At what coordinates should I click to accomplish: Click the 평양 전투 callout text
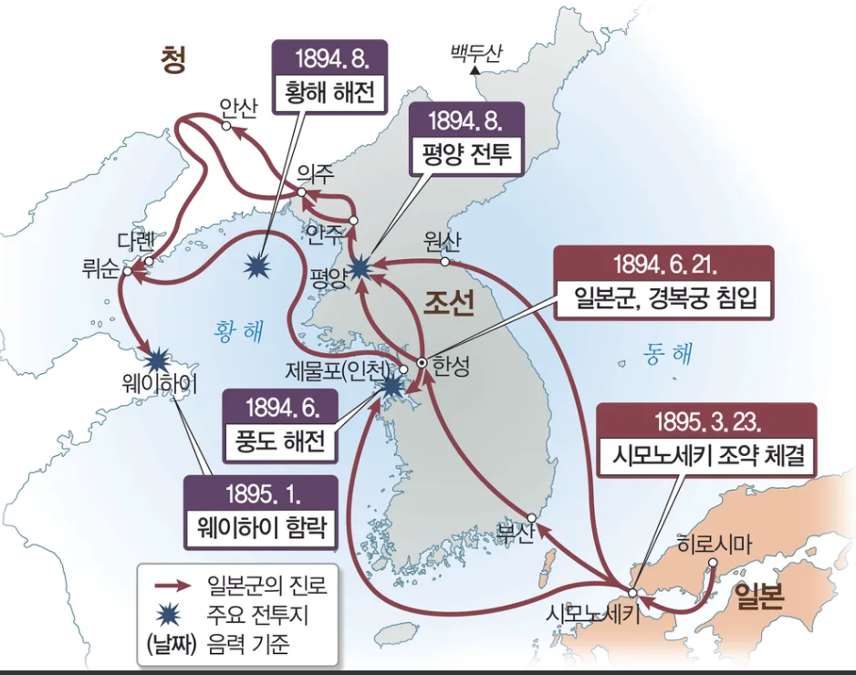pyautogui.click(x=466, y=156)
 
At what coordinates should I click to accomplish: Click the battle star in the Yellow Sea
pyautogui.click(x=259, y=266)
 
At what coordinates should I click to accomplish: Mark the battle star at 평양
pyautogui.click(x=361, y=265)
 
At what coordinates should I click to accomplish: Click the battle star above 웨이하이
pyautogui.click(x=160, y=357)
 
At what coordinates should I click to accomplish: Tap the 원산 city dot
pyautogui.click(x=444, y=262)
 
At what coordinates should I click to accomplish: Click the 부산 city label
pyautogui.click(x=512, y=534)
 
